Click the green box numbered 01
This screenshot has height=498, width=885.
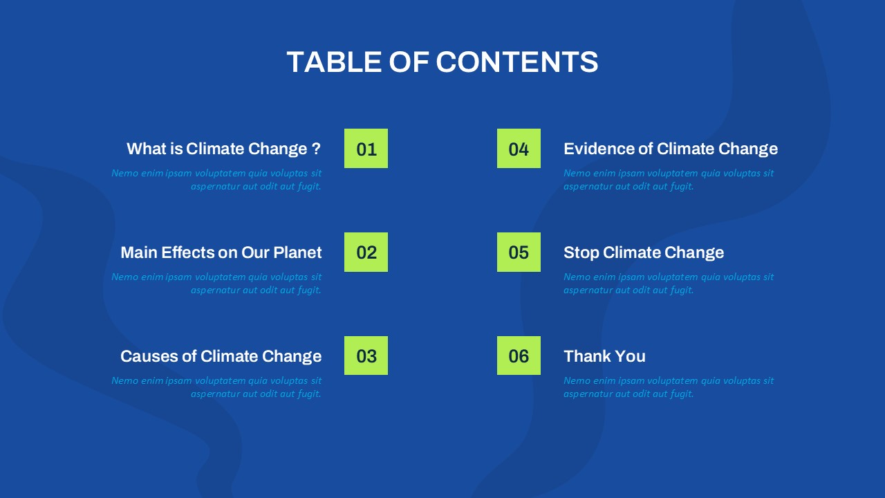(x=366, y=148)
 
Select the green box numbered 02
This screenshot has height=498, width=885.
(x=366, y=252)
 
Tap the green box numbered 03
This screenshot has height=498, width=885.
(x=366, y=356)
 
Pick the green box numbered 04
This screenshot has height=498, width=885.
(x=519, y=148)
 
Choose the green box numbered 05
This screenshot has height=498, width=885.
(x=519, y=252)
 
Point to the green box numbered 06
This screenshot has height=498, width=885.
(x=519, y=356)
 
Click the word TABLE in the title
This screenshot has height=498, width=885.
(x=334, y=62)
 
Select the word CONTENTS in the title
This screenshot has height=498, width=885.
(x=517, y=62)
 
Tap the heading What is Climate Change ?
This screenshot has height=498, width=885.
(x=223, y=149)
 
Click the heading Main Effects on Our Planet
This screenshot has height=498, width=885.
(x=221, y=252)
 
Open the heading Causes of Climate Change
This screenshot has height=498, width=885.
(x=221, y=356)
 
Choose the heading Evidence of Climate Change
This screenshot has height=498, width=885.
(x=671, y=149)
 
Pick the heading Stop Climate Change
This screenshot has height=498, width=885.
(x=644, y=253)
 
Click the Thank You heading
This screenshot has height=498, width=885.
(x=604, y=356)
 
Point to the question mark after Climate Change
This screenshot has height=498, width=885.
(x=316, y=149)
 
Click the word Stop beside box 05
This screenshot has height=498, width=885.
(x=581, y=253)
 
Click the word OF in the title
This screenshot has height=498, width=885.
(x=409, y=62)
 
